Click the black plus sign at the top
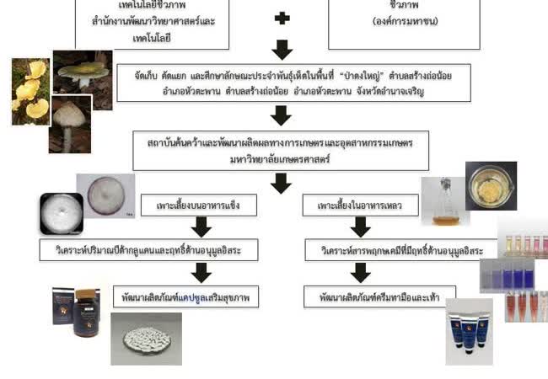click(x=282, y=18)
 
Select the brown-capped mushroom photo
click(x=70, y=124)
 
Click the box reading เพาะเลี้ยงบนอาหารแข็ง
click(x=200, y=205)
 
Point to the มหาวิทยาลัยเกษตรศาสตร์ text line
click(x=280, y=157)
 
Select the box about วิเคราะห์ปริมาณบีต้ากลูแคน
click(x=148, y=250)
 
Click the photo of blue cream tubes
click(x=470, y=330)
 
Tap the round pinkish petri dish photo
click(x=105, y=195)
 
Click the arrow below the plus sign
click(x=282, y=49)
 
